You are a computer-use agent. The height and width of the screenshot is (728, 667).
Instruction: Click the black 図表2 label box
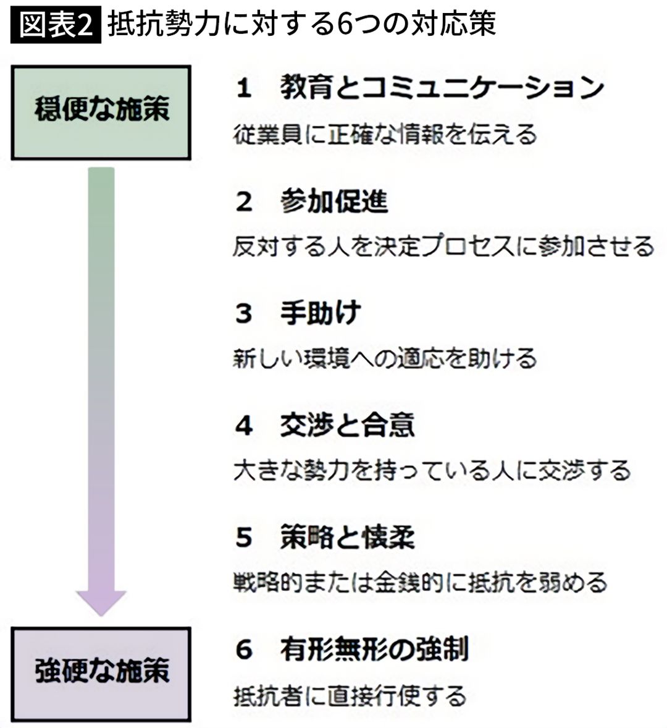55,25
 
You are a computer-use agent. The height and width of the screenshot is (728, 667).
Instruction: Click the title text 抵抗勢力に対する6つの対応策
302,25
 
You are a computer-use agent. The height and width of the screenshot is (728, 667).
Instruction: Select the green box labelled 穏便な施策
101,111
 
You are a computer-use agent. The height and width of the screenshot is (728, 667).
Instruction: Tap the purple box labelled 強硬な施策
101,672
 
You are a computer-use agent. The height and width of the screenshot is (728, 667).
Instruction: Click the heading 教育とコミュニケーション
441,88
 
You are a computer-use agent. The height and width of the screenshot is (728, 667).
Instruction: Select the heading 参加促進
333,201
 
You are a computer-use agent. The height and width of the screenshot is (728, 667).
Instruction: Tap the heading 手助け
320,313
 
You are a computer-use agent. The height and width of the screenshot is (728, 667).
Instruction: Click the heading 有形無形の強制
374,650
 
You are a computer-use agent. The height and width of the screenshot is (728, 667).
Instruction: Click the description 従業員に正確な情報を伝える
385,134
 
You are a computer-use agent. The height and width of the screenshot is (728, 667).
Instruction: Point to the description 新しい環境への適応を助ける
385,358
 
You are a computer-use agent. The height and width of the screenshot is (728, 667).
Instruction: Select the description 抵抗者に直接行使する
350,696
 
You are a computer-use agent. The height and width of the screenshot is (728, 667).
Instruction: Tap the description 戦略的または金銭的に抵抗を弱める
420,583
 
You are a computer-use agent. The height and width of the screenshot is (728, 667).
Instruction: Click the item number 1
244,89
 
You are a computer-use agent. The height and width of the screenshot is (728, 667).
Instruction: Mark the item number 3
244,314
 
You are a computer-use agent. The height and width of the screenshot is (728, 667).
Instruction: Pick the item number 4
244,426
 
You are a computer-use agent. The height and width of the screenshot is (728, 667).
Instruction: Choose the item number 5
244,538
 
